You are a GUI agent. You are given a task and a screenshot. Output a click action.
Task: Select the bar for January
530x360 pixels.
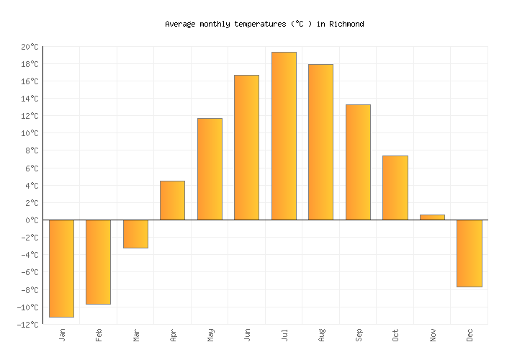pyautogui.click(x=61, y=268)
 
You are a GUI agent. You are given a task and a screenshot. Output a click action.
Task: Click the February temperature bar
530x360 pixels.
pyautogui.click(x=98, y=261)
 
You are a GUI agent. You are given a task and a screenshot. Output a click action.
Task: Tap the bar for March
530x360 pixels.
pyautogui.click(x=135, y=234)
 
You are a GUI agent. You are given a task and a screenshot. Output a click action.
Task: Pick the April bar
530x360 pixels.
pyautogui.click(x=172, y=200)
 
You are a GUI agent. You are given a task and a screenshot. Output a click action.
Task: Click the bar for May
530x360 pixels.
pyautogui.click(x=210, y=169)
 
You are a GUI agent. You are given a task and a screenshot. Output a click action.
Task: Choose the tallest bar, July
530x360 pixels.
pyautogui.click(x=284, y=136)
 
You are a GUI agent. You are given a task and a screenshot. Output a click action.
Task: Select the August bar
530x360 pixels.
pyautogui.click(x=320, y=142)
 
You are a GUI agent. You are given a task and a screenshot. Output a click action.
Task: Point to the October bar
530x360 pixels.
pyautogui.click(x=395, y=188)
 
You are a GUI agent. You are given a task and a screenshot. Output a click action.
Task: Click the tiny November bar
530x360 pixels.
pyautogui.click(x=432, y=217)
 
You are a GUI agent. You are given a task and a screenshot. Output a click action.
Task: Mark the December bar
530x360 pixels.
pyautogui.click(x=469, y=253)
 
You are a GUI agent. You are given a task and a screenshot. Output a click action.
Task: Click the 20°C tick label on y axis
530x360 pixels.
pyautogui.click(x=30, y=47)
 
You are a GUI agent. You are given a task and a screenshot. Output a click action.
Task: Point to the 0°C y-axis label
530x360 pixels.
pyautogui.click(x=32, y=220)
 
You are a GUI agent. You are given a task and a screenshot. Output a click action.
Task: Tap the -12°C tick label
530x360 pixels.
pyautogui.click(x=28, y=325)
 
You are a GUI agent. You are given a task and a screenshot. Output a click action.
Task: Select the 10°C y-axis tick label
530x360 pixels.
pyautogui.click(x=30, y=133)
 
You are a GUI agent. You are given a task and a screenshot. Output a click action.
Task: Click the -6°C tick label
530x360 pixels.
pyautogui.click(x=30, y=272)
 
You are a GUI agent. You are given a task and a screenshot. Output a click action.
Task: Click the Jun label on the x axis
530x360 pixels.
pyautogui.click(x=247, y=335)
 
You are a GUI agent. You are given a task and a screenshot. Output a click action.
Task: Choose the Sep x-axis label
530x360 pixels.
pyautogui.click(x=358, y=335)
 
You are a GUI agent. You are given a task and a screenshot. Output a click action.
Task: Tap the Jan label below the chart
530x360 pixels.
pyautogui.click(x=62, y=335)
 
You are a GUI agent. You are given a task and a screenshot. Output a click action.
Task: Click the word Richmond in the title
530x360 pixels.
pyautogui.click(x=346, y=24)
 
